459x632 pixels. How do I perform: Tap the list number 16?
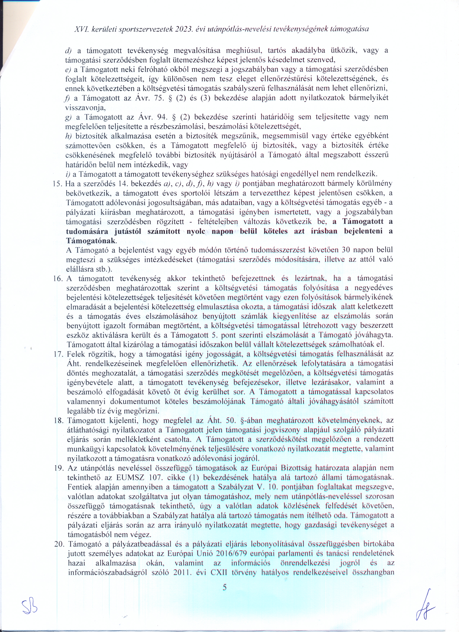tap(58, 278)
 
